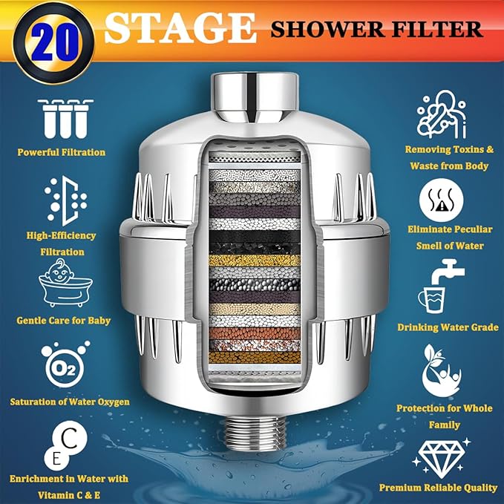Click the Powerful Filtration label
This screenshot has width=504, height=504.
(62, 152)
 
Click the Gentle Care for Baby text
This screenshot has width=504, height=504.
(64, 321)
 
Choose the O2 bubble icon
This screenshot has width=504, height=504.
(62, 364)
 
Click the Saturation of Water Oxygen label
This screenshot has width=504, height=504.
(70, 402)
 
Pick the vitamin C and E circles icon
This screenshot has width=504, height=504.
(63, 443)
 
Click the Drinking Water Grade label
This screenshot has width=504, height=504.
(447, 327)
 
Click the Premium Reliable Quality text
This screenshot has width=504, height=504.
(438, 488)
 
